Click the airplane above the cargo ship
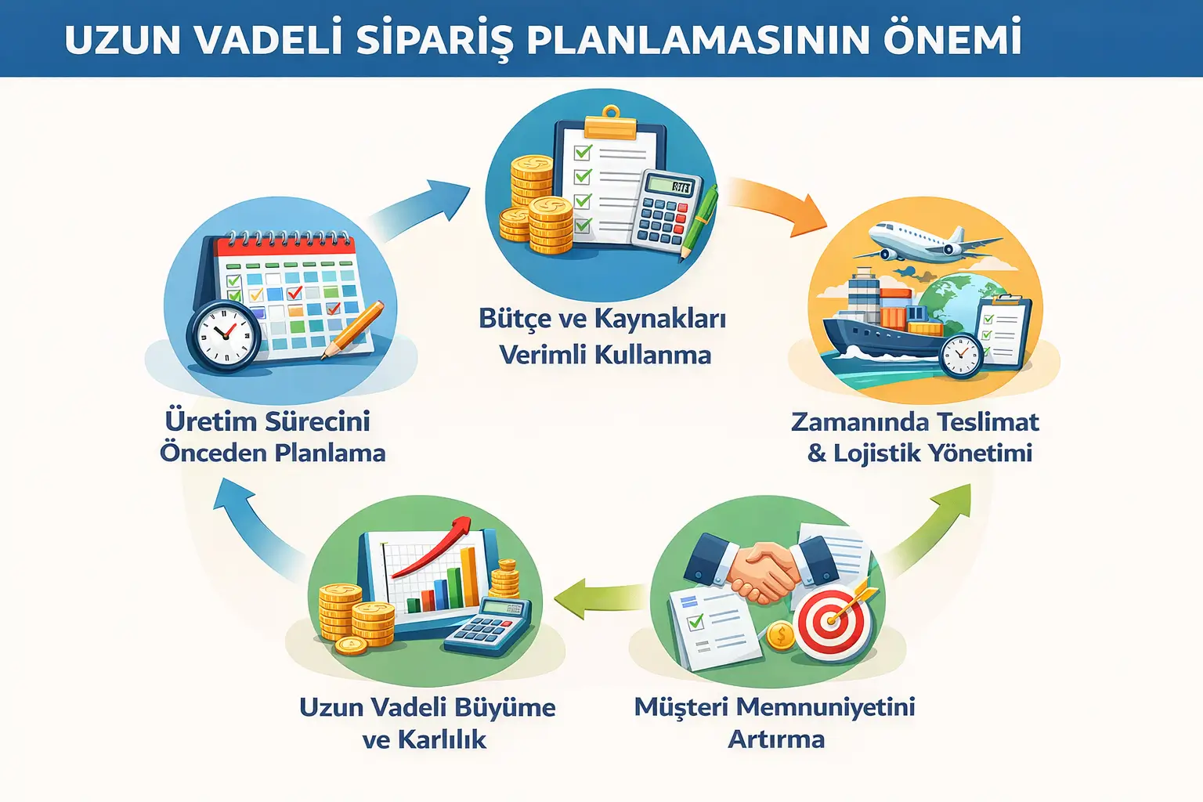pos(924,239)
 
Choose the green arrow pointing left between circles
pos(599,599)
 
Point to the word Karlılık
pos(442,739)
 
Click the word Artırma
pos(776,739)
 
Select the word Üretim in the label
pos(209,421)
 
